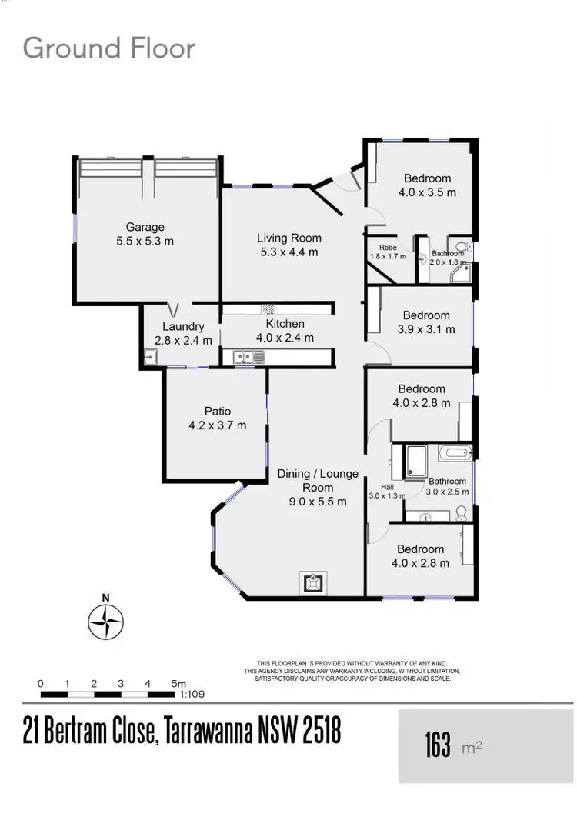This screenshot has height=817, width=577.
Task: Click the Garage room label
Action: [x=145, y=227]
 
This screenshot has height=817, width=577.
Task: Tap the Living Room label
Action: [x=288, y=238]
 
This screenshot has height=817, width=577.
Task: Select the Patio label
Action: [x=218, y=411]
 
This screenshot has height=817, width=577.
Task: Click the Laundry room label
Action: [x=183, y=326]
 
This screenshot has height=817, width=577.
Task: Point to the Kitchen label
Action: [x=285, y=324]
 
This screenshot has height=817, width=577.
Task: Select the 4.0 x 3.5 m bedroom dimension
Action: [x=427, y=192]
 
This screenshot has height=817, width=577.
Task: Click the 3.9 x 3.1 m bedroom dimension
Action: [x=426, y=329]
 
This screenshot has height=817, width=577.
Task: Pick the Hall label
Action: [x=376, y=486]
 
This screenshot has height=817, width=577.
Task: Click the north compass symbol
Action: [x=106, y=619]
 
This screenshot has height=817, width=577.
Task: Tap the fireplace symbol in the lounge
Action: [x=312, y=583]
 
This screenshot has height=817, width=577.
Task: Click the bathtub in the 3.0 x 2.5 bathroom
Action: [x=457, y=452]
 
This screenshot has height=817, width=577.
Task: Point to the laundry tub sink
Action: [x=149, y=356]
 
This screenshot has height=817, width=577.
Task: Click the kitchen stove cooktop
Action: [x=268, y=308]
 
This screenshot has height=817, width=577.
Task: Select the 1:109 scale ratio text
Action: [x=191, y=694]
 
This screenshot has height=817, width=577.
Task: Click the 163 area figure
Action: [x=438, y=745]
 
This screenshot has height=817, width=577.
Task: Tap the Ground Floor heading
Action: [x=108, y=48]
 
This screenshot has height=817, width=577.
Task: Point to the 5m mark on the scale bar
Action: [x=178, y=684]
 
